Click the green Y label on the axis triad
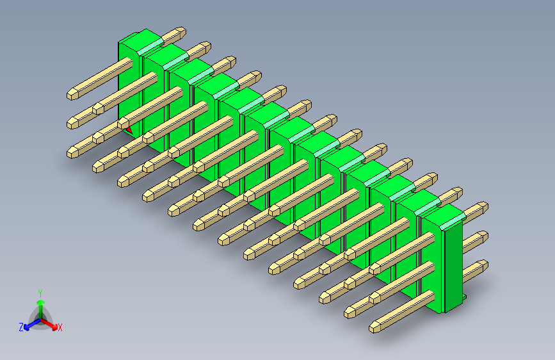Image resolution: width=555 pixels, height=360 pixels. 40,291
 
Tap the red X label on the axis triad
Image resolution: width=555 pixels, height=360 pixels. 60,328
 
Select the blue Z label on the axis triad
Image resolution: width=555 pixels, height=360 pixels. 21,327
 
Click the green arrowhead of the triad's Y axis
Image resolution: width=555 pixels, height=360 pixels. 40,301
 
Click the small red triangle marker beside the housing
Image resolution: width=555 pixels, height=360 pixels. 129,130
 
